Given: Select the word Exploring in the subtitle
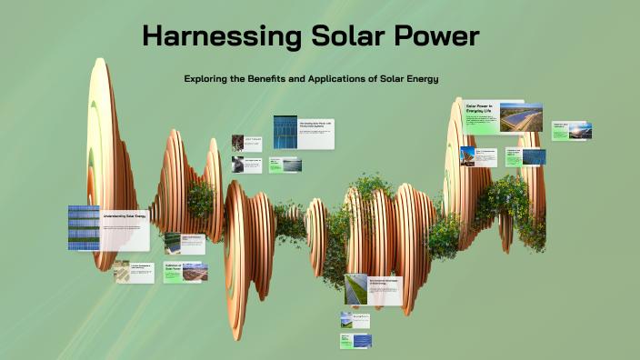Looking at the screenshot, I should click(208, 79).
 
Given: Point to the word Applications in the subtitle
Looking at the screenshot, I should click(352, 79).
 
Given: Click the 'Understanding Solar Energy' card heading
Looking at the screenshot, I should click(125, 216).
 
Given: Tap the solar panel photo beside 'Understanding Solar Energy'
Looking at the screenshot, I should click(84, 227).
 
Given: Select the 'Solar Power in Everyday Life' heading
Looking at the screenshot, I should click(479, 110).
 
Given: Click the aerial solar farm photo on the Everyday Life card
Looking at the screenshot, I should click(521, 117).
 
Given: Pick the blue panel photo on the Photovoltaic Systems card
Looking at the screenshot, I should click(285, 132).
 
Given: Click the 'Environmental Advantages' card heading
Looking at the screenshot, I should click(384, 283).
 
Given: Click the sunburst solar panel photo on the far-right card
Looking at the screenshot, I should click(579, 131).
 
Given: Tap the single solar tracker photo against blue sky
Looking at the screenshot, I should click(467, 156).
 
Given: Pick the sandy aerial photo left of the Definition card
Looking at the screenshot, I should click(122, 271).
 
